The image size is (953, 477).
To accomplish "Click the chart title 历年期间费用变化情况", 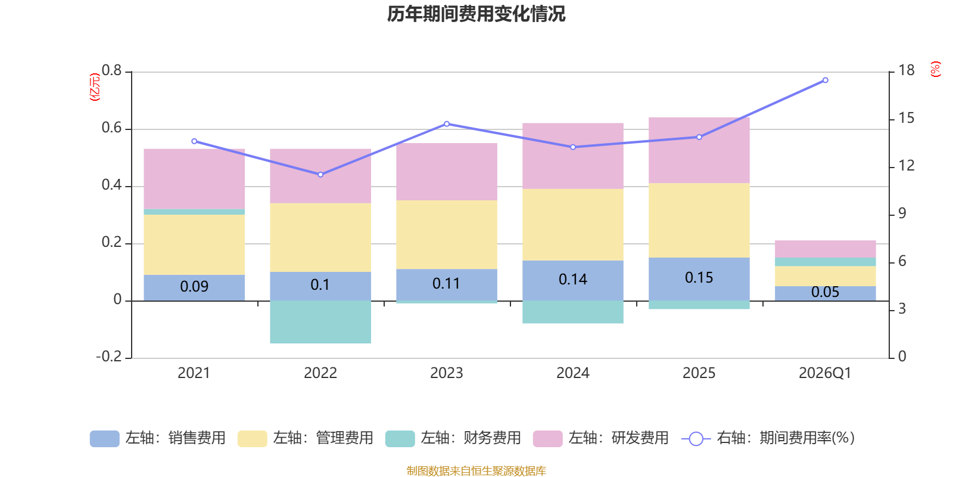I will [476, 14].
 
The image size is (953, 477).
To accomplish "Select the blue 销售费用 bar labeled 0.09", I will [194, 287].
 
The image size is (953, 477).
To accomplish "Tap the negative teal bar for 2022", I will [320, 322].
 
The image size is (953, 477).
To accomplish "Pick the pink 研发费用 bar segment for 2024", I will [573, 156].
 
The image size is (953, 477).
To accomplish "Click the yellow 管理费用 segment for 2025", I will [699, 220].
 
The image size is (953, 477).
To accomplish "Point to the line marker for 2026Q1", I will [825, 80].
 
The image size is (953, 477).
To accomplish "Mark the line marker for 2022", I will [320, 175].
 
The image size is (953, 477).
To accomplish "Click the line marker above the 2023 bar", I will [447, 124].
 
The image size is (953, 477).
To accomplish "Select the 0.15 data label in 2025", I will [699, 278].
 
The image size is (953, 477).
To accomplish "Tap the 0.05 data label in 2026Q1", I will [825, 292].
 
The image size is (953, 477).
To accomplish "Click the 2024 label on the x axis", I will [573, 373].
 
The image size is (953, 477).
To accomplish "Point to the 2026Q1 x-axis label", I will [825, 373].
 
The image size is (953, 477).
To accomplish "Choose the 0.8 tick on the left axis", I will [111, 71].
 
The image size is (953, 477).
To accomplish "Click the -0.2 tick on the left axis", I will [108, 357].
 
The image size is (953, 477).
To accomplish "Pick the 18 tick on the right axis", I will [907, 70].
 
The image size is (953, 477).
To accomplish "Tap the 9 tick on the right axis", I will [902, 213].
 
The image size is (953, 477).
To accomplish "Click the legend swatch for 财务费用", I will [400, 439].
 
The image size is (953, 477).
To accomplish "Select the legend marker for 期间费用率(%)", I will [696, 439].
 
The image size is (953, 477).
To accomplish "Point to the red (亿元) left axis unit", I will [95, 87].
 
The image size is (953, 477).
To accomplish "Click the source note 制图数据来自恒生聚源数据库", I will [476, 471].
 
